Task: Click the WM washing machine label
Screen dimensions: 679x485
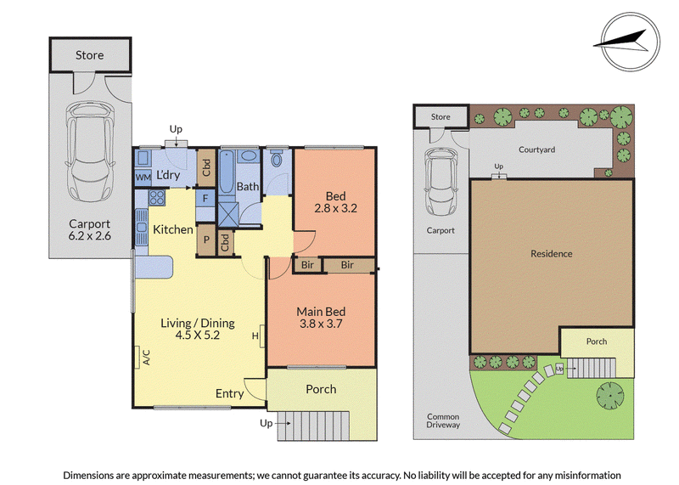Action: click(143, 178)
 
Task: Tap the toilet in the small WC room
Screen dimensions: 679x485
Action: click(277, 159)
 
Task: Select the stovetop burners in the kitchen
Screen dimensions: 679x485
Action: click(157, 198)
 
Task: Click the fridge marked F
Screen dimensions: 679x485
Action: click(205, 199)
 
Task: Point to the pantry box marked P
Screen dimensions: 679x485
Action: click(206, 240)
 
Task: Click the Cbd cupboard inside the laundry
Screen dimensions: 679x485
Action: click(206, 167)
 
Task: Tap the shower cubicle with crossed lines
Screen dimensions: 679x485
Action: click(228, 214)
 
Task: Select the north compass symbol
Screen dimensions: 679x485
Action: click(631, 42)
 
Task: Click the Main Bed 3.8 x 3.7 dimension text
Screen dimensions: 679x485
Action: click(321, 318)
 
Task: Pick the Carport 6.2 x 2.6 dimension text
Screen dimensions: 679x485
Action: click(90, 229)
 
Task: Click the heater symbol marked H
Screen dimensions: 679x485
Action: click(255, 336)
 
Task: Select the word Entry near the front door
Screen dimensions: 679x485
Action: click(229, 393)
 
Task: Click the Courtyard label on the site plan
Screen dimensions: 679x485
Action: click(537, 149)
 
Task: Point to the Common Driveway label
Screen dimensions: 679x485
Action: click(443, 420)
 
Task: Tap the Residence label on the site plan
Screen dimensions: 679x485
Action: click(551, 254)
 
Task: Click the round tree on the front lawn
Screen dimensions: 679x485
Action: click(610, 396)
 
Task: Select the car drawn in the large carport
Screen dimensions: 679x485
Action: click(90, 152)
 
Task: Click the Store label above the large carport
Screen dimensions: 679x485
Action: click(90, 55)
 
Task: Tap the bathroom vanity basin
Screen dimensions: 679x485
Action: click(248, 156)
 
